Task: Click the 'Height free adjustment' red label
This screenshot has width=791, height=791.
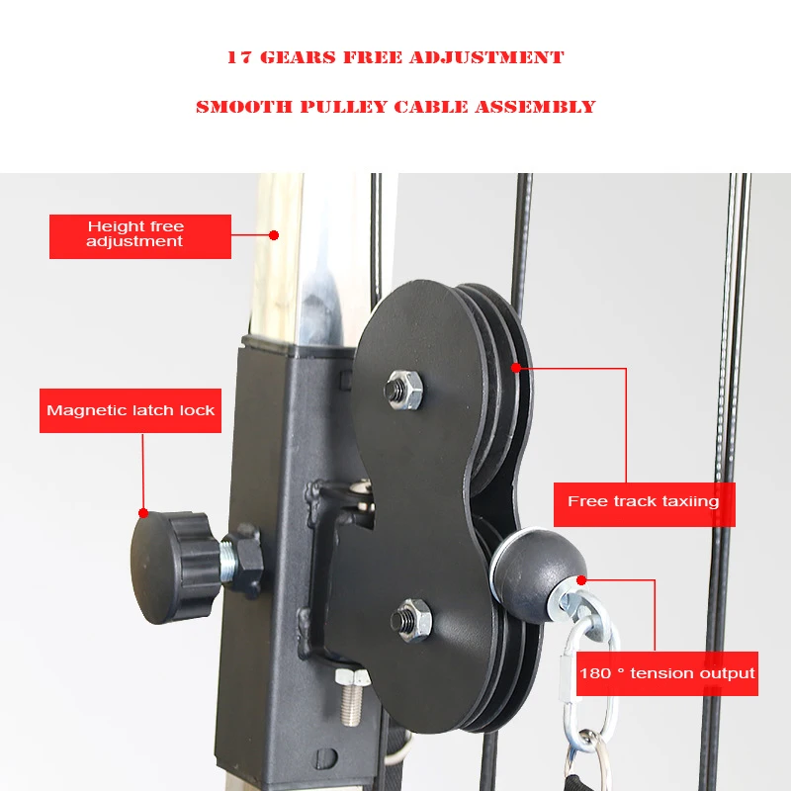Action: point(140,236)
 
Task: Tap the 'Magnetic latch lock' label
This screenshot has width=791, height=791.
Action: point(131,410)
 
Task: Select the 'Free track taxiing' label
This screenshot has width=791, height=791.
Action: point(645,504)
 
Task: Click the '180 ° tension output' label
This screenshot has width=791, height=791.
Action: point(666,673)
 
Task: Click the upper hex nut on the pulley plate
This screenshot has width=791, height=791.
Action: point(403,389)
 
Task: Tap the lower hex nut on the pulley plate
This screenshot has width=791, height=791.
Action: point(411,620)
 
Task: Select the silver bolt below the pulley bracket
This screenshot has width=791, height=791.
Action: point(352,697)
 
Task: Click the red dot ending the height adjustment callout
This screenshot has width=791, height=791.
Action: point(274,235)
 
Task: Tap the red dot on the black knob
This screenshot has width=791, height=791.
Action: point(143,513)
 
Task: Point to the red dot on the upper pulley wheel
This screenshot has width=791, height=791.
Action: point(515,367)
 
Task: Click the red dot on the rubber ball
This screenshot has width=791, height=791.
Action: point(581,580)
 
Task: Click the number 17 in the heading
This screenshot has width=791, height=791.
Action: point(238,57)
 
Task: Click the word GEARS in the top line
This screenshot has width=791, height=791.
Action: point(298,57)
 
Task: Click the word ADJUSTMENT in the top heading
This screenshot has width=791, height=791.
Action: point(486,57)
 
